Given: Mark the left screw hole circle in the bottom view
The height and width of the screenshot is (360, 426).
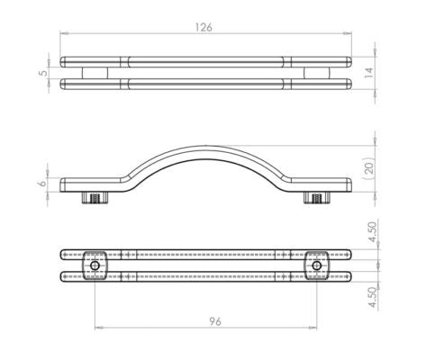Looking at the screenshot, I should (94, 265).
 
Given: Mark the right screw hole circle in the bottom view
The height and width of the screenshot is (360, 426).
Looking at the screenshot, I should (316, 265).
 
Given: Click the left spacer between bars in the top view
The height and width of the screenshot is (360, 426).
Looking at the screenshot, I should (94, 74).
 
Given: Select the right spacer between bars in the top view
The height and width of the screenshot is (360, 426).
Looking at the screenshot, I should (316, 74).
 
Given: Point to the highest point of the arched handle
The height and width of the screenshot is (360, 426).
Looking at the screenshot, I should (204, 145).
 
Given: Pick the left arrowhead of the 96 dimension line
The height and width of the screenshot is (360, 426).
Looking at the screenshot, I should (96, 328).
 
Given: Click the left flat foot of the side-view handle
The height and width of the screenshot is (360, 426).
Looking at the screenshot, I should (86, 186).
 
